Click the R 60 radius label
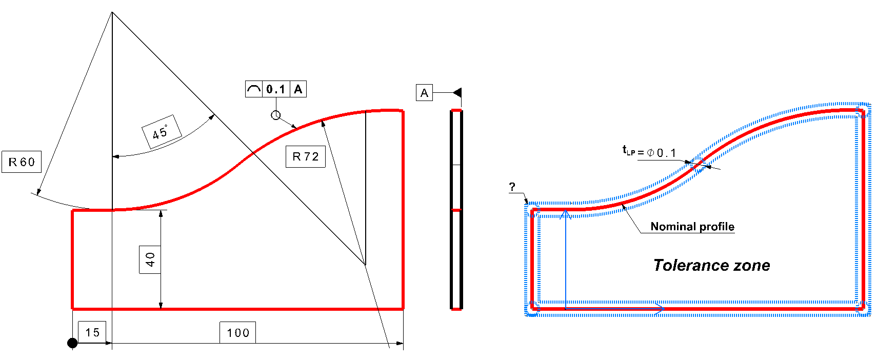pyautogui.click(x=22, y=162)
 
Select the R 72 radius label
pyautogui.click(x=306, y=156)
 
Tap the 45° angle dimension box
pyautogui.click(x=161, y=132)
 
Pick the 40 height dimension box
pyautogui.click(x=150, y=259)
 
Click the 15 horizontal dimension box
pyautogui.click(x=92, y=332)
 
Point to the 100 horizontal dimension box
pyautogui.click(x=238, y=333)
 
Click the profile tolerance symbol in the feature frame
pyautogui.click(x=254, y=89)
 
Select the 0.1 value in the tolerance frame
pyautogui.click(x=276, y=89)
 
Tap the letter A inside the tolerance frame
pyautogui.click(x=298, y=89)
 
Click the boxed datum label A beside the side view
pyautogui.click(x=424, y=93)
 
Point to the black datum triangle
pyautogui.click(x=457, y=93)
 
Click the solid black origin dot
pyautogui.click(x=72, y=343)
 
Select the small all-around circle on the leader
pyautogui.click(x=276, y=115)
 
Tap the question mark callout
pyautogui.click(x=512, y=187)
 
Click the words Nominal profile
pyautogui.click(x=692, y=227)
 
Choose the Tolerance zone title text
pyautogui.click(x=711, y=265)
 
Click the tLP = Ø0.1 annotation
pyautogui.click(x=649, y=152)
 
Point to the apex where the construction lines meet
pyautogui.click(x=112, y=12)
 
